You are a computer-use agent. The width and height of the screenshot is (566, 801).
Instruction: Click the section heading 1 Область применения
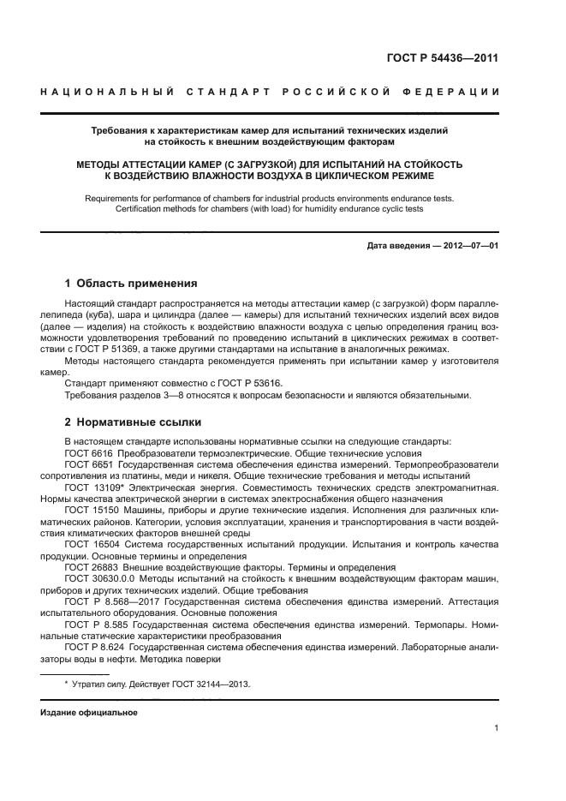tap(131, 283)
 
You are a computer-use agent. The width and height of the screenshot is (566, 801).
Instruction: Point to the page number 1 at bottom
tap(497, 728)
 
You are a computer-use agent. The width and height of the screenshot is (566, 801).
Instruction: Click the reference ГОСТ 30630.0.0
tap(97, 579)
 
